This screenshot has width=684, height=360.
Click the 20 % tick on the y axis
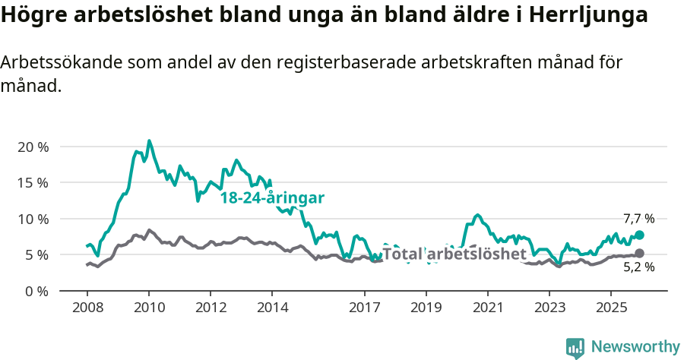[33, 147]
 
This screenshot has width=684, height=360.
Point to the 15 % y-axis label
[33, 182]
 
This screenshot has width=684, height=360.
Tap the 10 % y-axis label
[33, 219]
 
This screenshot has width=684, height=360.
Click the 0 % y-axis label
[36, 291]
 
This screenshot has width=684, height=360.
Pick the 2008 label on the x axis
[87, 308]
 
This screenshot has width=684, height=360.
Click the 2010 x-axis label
[149, 308]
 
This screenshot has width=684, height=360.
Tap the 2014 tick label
[272, 308]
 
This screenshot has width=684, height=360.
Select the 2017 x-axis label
[364, 308]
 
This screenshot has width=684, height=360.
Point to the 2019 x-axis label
[426, 308]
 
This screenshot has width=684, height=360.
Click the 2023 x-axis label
[549, 308]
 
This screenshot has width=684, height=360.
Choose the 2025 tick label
[610, 308]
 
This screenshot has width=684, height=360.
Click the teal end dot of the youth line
[639, 235]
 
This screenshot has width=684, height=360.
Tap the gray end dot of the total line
[639, 253]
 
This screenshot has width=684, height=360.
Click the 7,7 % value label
[638, 219]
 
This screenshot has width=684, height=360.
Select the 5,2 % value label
[638, 267]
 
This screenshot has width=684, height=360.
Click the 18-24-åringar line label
[272, 198]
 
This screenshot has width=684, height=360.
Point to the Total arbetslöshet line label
[454, 254]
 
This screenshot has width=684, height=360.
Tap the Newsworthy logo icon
[575, 347]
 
